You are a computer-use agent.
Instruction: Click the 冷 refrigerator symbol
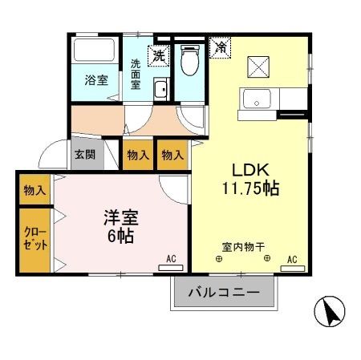coord(217,47)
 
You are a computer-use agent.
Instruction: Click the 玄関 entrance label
coord(84,155)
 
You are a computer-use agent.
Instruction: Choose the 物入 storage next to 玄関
coord(137,155)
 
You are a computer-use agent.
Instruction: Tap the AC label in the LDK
coord(291,259)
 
